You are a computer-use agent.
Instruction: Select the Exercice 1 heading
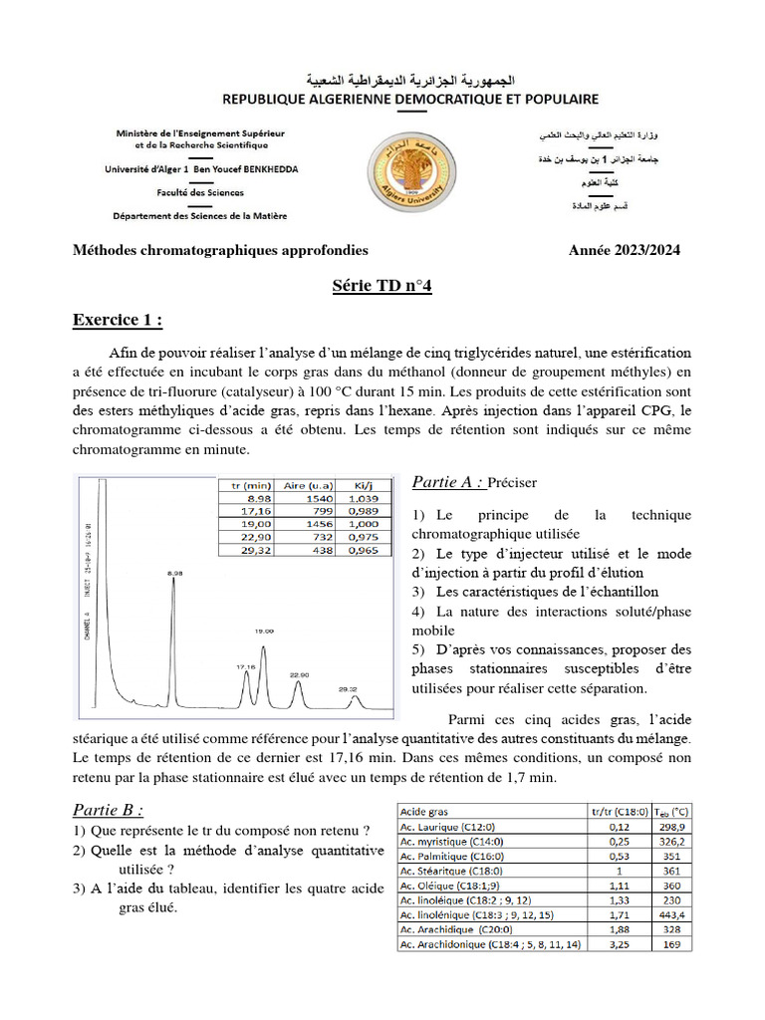(x=118, y=320)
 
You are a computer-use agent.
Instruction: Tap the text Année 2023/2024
(x=625, y=251)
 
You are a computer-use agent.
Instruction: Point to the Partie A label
(x=448, y=483)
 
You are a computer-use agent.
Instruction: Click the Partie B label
(x=109, y=808)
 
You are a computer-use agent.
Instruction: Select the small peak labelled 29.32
(x=355, y=700)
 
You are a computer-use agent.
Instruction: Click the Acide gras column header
(x=428, y=811)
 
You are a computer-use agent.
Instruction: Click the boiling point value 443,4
(x=672, y=913)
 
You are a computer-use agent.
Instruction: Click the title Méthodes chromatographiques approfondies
(x=220, y=251)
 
